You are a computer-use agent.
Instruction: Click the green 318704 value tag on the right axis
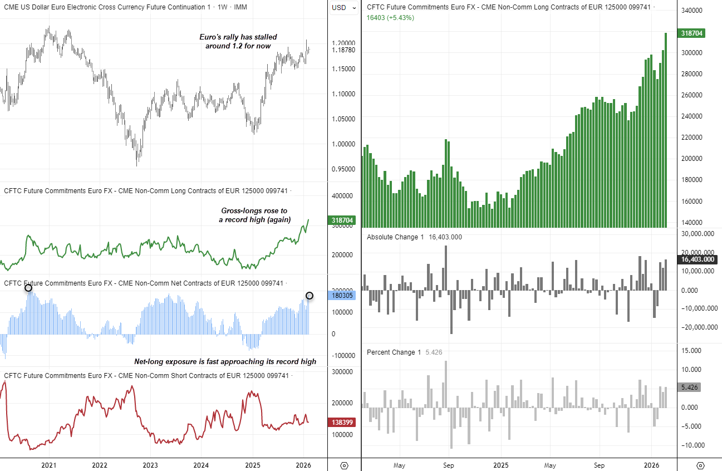692,33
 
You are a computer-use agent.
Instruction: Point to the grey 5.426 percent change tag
690,387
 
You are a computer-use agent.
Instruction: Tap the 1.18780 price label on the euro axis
343,50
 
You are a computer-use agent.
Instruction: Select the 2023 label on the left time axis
150,465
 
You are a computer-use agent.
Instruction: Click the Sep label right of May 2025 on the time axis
600,465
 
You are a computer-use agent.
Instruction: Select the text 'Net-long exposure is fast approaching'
225,362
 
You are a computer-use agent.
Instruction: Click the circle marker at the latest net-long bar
310,296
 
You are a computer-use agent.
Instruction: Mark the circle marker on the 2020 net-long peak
28,287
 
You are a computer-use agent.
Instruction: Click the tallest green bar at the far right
665,128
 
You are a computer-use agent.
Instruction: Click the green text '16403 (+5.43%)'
390,18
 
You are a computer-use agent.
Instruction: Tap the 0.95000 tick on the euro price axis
343,169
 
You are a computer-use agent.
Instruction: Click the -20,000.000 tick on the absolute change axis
697,327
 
